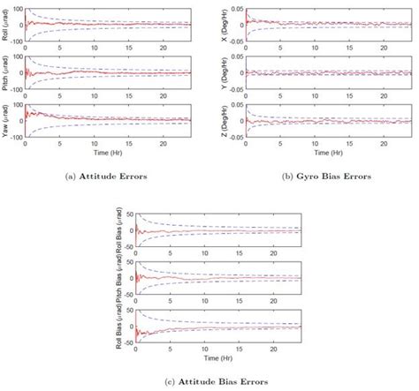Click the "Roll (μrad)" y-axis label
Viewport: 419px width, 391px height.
click(x=7, y=25)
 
